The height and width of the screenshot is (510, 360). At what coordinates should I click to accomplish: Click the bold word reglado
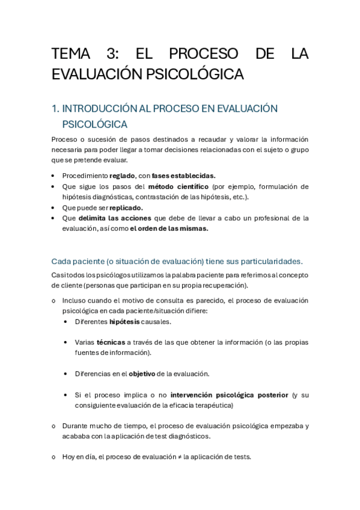pos(122,176)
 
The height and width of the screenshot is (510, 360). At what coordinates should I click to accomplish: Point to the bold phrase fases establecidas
pos(183,176)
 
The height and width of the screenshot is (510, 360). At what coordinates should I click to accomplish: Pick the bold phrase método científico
pos(178,186)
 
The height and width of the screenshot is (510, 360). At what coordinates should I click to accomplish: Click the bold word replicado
pos(126,207)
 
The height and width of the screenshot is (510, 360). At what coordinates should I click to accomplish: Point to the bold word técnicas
pos(110,342)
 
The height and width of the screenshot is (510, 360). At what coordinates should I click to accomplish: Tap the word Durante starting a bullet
pos(76,426)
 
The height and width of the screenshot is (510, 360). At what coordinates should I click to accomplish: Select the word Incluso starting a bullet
pos(75,300)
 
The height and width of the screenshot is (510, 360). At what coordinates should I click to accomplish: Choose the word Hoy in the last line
pos(69,456)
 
